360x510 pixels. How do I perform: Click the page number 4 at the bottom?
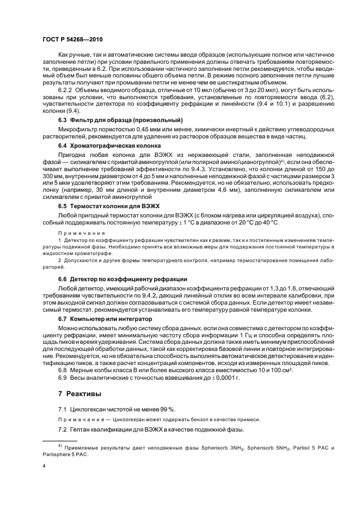pyautogui.click(x=45, y=466)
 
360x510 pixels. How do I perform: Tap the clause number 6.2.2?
pyautogui.click(x=65, y=89)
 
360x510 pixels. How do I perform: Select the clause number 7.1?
pyautogui.click(x=63, y=409)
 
